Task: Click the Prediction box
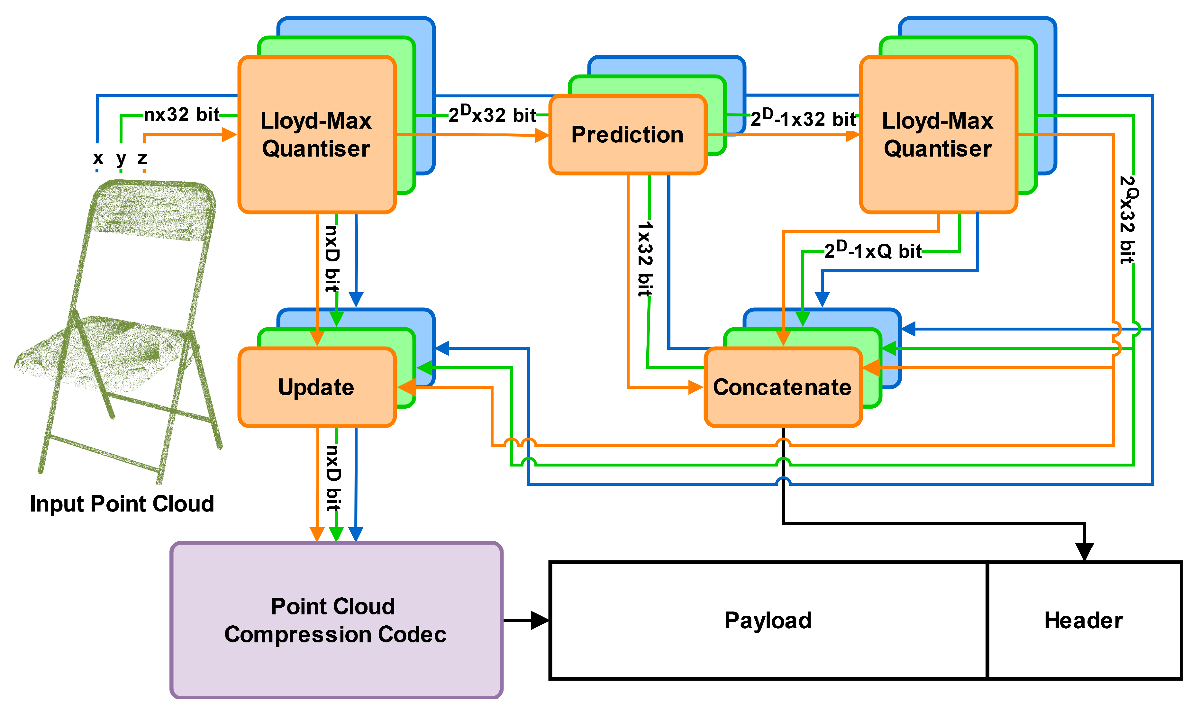tap(627, 135)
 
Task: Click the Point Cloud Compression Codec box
tap(336, 620)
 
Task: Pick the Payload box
tap(768, 620)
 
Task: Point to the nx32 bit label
tap(181, 115)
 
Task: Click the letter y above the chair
tap(121, 159)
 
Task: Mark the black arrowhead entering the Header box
tap(1084, 552)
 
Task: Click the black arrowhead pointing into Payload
tap(540, 620)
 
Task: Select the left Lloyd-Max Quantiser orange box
tap(316, 135)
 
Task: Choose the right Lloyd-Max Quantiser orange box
tap(938, 135)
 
